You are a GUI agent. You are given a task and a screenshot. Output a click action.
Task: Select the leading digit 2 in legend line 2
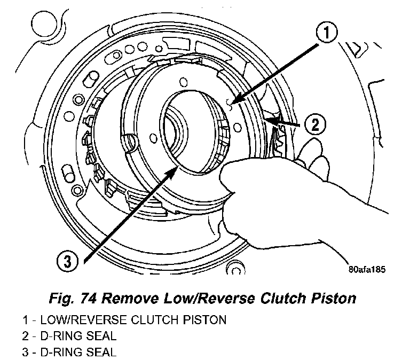(x=25, y=336)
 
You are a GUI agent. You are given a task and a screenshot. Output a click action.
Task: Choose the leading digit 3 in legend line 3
(x=25, y=353)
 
